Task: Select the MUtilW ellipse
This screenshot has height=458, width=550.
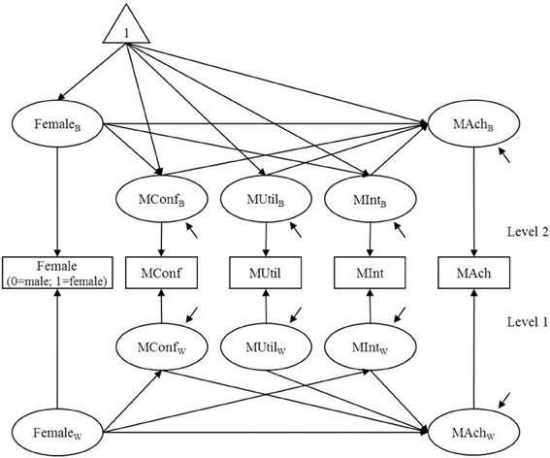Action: pos(265,346)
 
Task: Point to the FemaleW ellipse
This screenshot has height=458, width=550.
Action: pos(58,428)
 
